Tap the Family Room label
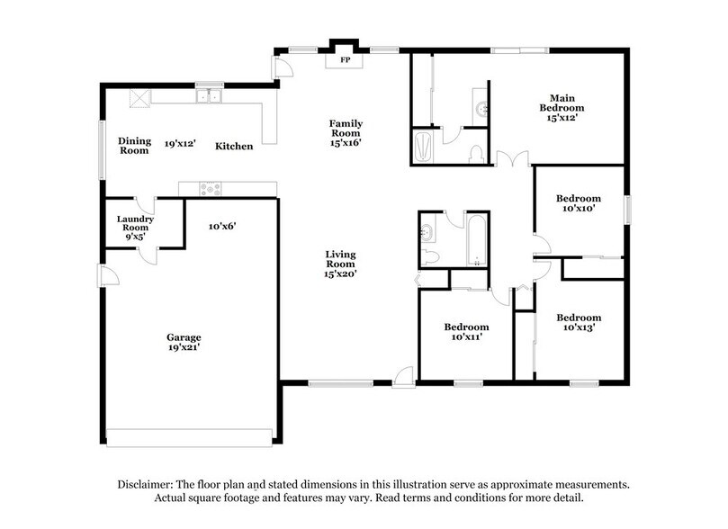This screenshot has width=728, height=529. click(345, 132)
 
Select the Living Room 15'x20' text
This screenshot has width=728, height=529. click(342, 264)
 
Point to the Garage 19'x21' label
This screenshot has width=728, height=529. click(183, 341)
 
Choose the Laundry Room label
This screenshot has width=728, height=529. click(136, 228)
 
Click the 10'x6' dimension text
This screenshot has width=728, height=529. click(221, 226)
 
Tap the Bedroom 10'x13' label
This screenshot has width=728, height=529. click(578, 322)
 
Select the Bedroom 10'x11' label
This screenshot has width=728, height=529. click(466, 331)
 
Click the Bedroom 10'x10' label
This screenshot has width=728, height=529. click(578, 203)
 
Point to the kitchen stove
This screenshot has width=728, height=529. click(210, 188)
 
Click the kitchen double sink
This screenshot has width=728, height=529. click(209, 94)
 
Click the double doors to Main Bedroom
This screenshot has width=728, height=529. click(508, 159)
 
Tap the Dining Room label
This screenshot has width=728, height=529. click(135, 146)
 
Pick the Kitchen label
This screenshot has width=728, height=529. click(233, 146)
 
